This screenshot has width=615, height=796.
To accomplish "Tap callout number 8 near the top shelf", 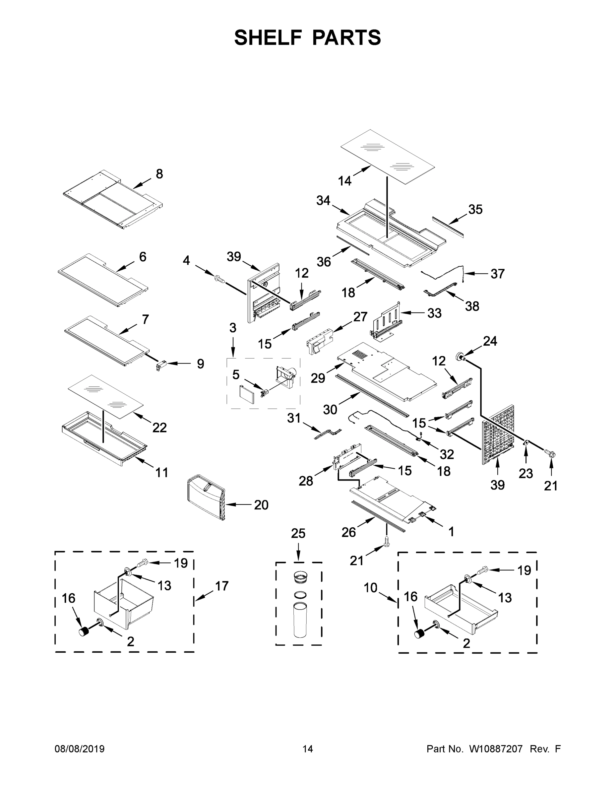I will [159, 174].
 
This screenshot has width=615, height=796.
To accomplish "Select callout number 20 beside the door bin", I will [261, 505].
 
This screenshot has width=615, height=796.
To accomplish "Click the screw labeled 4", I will [219, 280].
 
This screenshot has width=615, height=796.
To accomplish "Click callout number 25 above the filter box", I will [298, 534].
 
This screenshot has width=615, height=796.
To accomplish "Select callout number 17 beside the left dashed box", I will [221, 586].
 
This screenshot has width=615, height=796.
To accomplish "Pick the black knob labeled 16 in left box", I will [85, 631].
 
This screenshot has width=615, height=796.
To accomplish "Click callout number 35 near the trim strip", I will [475, 210].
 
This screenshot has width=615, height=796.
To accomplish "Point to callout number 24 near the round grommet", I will [490, 341].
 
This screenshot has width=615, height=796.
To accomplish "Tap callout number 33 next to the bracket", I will [434, 313].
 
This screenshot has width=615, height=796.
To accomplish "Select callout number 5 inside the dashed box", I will [236, 374].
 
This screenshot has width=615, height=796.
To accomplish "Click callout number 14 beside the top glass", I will [345, 180].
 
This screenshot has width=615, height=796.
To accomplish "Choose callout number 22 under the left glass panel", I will [159, 428].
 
